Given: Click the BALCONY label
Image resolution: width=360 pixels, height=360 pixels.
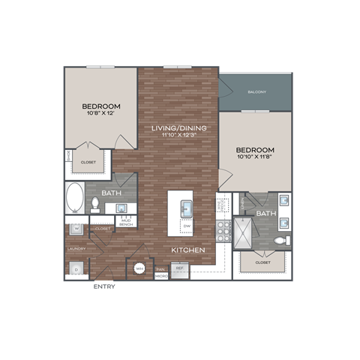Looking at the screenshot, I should coord(256,92).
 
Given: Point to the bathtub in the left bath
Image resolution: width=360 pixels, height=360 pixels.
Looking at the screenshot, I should coord(76,199).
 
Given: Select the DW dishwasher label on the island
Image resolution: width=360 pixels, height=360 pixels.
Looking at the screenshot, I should coord(185,225).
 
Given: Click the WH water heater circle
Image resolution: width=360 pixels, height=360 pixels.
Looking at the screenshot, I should coord(139,268).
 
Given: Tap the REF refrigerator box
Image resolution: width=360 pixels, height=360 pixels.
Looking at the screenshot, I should coord(179,267).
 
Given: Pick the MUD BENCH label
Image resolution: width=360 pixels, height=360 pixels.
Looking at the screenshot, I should coord(126,223).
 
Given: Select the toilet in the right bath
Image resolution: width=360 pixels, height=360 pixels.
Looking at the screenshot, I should coord(280,241).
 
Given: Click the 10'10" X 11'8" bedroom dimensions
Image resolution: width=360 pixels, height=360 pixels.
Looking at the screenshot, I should coord(256,157).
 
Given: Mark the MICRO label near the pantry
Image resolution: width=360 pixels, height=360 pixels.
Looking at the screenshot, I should coord(161,276).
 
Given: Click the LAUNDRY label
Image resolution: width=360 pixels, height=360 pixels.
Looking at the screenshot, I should coord(76,248).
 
